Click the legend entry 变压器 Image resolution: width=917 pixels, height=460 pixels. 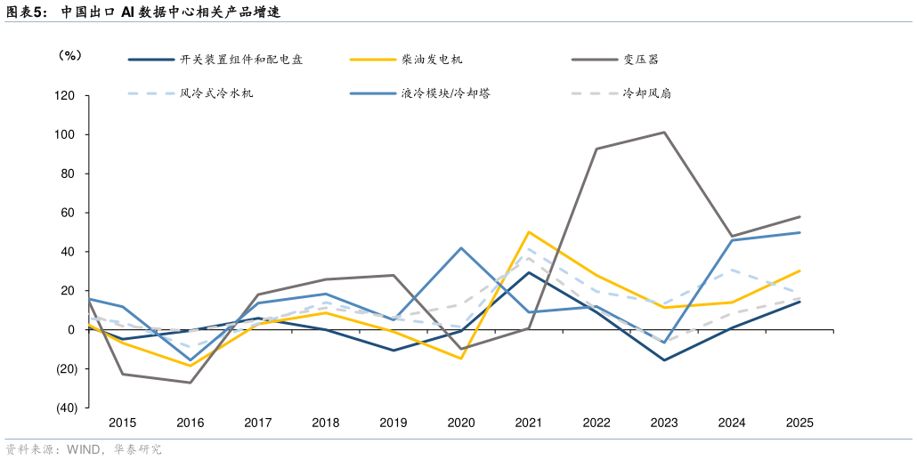point(641,60)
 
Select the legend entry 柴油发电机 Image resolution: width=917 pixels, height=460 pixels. point(432,60)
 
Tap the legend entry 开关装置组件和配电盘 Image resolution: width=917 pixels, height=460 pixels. point(240,60)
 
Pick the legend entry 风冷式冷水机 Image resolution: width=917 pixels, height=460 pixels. point(216,93)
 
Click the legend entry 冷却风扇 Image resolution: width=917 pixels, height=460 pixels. point(646,93)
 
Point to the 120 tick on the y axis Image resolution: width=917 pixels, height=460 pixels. point(65,95)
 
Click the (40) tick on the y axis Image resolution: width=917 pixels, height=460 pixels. point(65,408)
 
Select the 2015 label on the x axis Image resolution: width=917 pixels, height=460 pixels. point(122,424)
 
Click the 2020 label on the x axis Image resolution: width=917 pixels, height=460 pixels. point(461,424)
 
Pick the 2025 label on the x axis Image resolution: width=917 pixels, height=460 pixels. point(799,424)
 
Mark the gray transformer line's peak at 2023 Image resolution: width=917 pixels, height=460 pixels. point(664,133)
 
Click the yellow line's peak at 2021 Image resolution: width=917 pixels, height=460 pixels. point(529,232)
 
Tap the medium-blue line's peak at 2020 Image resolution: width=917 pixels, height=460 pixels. point(461,247)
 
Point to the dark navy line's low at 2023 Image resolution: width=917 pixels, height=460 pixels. point(664,360)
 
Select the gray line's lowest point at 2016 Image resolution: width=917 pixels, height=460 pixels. point(191,383)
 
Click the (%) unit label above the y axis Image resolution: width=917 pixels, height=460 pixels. point(69,55)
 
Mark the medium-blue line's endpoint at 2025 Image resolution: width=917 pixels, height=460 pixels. point(799,232)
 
